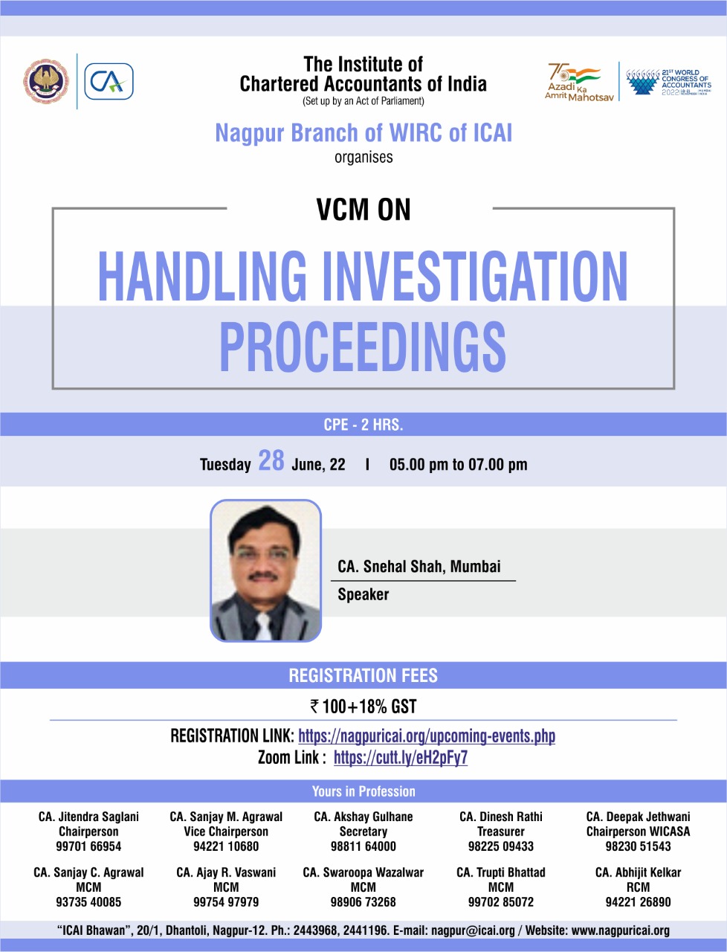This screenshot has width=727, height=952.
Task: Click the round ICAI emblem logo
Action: [x=46, y=81]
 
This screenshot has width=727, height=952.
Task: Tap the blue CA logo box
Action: [x=109, y=81]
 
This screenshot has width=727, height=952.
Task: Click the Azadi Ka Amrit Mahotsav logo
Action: [x=579, y=83]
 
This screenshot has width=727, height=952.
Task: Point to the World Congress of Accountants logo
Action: [x=669, y=82]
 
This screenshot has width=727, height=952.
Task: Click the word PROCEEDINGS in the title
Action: [x=363, y=347]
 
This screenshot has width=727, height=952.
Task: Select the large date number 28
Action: [x=271, y=460]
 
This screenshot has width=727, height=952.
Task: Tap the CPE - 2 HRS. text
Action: [x=363, y=425]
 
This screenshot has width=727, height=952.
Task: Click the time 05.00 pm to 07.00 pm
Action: [x=458, y=465]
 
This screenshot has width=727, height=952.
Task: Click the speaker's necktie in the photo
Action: [x=264, y=626]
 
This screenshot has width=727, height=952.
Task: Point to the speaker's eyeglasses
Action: [x=262, y=555]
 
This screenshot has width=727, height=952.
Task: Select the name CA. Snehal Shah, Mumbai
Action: [x=419, y=567]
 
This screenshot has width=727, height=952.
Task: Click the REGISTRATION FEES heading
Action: [x=363, y=675]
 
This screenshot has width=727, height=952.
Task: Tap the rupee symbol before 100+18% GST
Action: [x=314, y=707]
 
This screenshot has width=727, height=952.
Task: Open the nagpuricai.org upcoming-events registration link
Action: [x=427, y=736]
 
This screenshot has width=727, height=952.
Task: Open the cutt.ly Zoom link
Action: [x=401, y=758]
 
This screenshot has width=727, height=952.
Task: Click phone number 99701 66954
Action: [x=88, y=846]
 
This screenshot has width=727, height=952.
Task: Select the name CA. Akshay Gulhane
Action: [x=363, y=817]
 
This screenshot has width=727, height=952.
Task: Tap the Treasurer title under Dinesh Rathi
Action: [x=501, y=832]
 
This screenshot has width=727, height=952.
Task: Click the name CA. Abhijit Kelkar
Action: [x=638, y=872]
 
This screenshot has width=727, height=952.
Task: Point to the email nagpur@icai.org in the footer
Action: [x=473, y=930]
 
